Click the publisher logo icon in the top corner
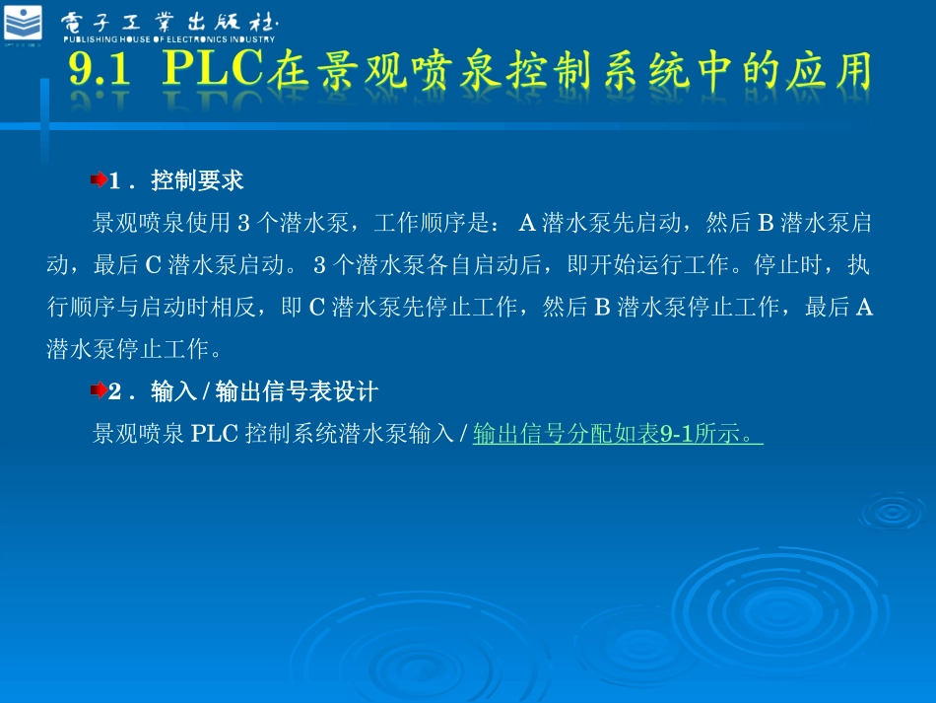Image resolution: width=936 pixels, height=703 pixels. [24, 23]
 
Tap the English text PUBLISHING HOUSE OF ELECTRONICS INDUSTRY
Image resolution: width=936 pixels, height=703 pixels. [169, 39]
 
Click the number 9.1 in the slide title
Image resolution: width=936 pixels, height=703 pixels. [102, 71]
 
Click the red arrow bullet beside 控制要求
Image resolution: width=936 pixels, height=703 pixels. [99, 181]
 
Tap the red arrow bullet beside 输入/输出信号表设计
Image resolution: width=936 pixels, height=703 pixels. [99, 392]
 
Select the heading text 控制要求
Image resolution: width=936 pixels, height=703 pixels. [197, 181]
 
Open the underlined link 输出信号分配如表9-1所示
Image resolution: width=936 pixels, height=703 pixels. [618, 434]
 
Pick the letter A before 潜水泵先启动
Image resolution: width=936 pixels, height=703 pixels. [526, 224]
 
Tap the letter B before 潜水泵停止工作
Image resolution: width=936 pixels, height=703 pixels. [601, 308]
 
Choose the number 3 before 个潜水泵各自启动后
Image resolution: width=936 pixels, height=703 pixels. [319, 266]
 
